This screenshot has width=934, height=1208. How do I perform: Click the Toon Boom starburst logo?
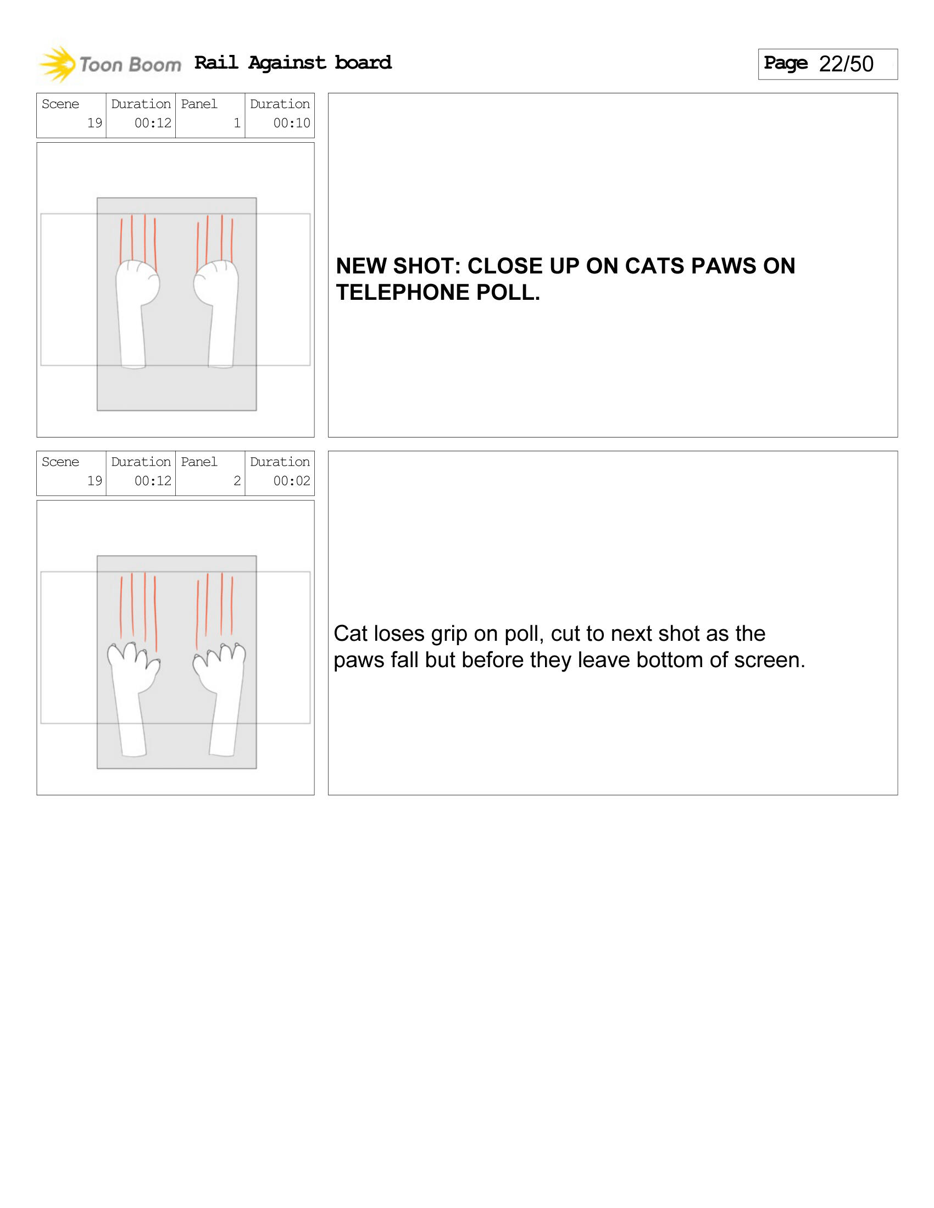pos(57,65)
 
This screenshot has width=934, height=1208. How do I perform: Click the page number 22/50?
pos(846,64)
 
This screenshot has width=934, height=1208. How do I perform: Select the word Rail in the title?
pos(216,63)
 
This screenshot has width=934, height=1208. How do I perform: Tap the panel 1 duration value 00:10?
pos(292,123)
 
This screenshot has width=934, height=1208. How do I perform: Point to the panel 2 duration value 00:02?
pos(292,480)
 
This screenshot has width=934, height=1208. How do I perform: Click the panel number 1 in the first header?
pos(237,123)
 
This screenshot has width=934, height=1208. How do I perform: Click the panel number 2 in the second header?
pos(237,480)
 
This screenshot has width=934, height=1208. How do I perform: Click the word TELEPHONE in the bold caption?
pos(402,293)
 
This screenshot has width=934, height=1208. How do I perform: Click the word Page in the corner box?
pos(786,63)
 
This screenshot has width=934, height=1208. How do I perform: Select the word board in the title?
pos(363,63)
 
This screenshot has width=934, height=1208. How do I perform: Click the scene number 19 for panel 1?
pos(94,123)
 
